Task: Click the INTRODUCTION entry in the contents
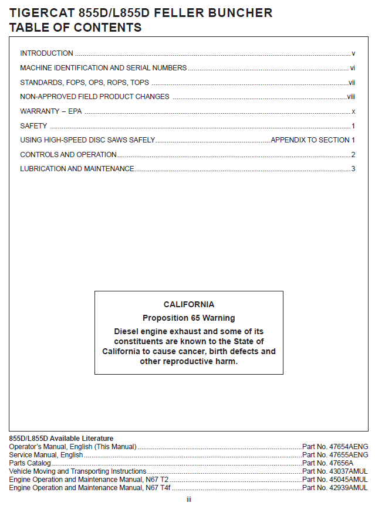pos(46,53)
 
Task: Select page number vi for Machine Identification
pos(353,68)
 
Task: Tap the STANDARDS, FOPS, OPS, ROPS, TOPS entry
pos(85,83)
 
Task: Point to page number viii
pos(351,97)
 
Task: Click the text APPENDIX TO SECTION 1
pos(313,140)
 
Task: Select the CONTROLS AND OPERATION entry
pos(68,155)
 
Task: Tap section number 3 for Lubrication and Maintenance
pos(353,169)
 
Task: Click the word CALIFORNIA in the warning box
pos(189,304)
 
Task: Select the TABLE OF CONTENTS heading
pos(75,27)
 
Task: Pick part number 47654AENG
pos(335,447)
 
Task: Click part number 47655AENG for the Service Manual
pos(335,455)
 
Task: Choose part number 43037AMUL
pos(335,471)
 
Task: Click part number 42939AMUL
pos(335,487)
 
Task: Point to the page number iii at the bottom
pos(189,500)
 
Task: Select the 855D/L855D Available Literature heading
pos(61,439)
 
